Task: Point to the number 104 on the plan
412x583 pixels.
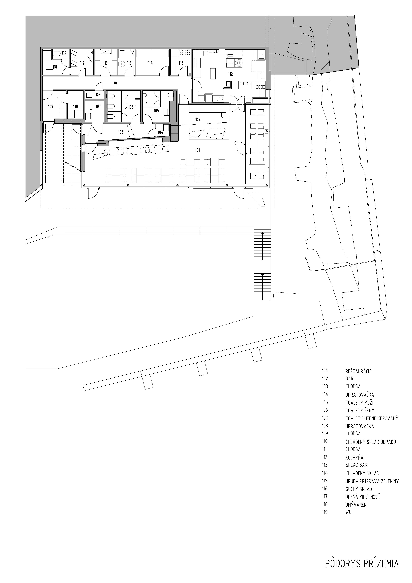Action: click(x=160, y=132)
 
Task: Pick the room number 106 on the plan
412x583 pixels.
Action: click(x=131, y=107)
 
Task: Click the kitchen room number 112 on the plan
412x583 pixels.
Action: click(x=230, y=74)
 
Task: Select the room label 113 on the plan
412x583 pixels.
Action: click(x=181, y=63)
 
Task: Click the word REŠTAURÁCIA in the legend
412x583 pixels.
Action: click(x=358, y=371)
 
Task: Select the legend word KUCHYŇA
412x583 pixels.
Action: click(x=354, y=458)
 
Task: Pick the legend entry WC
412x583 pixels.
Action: click(x=348, y=512)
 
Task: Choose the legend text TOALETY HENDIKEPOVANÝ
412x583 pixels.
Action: click(x=372, y=418)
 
